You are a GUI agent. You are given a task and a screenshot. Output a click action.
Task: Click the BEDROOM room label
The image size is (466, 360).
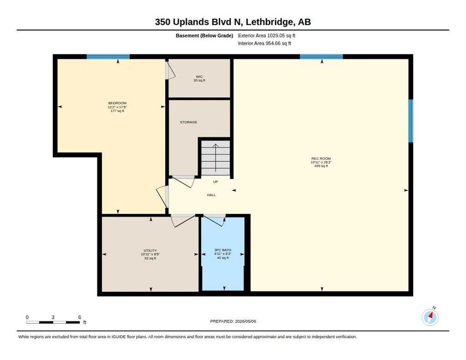click(117, 103)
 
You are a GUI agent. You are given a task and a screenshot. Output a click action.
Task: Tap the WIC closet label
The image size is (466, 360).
click(199, 77)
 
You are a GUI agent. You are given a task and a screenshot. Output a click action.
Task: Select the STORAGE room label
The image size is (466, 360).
click(188, 122)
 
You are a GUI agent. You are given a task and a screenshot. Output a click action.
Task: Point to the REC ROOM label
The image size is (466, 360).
click(321, 159)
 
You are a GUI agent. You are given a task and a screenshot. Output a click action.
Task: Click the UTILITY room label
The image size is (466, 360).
click(150, 251)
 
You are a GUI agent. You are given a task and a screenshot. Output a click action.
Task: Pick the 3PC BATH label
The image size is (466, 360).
click(223, 250)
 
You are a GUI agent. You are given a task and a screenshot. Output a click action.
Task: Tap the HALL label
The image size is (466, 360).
click(211, 195)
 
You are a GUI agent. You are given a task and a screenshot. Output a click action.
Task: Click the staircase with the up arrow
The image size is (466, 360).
click(216, 158)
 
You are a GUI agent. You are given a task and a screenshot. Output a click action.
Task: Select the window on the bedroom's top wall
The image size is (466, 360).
click(108, 56)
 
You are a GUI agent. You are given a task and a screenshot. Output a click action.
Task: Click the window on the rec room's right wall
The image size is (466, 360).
click(411, 121)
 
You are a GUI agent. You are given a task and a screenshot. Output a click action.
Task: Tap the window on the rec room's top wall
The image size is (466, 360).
click(321, 56)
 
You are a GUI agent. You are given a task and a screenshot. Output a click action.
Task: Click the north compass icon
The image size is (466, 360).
click(430, 317)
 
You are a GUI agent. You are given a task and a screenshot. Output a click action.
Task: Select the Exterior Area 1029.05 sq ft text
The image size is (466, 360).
click(267, 36)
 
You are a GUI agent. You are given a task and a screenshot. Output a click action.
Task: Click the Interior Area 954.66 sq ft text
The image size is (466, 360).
click(264, 44)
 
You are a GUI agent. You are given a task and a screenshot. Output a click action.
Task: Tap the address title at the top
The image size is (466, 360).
click(233, 22)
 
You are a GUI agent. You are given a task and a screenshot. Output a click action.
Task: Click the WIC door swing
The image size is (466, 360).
click(171, 70)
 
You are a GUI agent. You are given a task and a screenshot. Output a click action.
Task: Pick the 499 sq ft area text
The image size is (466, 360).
click(321, 166)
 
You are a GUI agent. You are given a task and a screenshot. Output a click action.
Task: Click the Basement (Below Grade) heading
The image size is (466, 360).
click(204, 36)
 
